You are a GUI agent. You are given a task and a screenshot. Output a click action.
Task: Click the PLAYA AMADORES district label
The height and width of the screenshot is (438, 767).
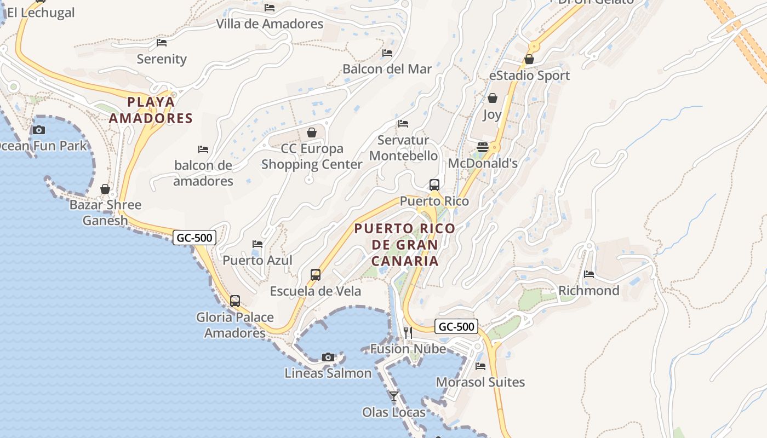tap(151, 110)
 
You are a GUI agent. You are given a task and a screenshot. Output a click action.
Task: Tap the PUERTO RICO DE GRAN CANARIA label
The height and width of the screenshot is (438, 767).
tap(404, 244)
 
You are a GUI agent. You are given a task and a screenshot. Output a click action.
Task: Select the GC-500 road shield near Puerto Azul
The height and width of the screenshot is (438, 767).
tap(194, 238)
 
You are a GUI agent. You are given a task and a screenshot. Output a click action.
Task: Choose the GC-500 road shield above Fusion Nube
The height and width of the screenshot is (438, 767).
tap(456, 327)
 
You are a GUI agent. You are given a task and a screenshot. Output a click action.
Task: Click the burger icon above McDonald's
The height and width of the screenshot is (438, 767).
tap(483, 147)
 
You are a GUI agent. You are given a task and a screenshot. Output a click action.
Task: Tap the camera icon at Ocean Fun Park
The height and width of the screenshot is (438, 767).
tap(38, 130)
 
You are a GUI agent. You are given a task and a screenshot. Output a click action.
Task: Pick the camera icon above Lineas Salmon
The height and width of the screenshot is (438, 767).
tap(328, 357)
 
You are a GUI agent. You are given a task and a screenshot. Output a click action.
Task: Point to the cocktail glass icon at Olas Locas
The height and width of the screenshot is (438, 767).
tap(394, 396)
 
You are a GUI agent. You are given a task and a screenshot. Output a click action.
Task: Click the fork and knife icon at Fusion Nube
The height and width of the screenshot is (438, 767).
tap(408, 332)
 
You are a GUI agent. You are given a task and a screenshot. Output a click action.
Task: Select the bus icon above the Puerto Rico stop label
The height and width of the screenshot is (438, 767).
tap(434, 185)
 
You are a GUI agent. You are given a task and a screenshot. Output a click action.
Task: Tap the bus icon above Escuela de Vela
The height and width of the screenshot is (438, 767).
tap(316, 275)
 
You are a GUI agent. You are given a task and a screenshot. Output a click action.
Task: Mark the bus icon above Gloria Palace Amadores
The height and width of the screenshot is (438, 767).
tap(235, 301)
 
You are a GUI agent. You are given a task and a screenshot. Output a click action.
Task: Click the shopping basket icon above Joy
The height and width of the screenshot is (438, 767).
tap(493, 99)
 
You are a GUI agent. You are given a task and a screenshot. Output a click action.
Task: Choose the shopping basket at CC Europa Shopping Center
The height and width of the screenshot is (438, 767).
tap(312, 132)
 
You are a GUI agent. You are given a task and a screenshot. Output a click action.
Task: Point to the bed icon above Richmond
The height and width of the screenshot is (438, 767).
tap(589, 274)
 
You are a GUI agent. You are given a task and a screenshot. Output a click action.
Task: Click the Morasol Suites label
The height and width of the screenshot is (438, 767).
tap(480, 382)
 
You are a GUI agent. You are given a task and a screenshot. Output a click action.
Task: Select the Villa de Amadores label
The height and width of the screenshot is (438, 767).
tap(270, 24)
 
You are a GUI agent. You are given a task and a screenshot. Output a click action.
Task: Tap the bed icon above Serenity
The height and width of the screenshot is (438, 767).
tap(162, 42)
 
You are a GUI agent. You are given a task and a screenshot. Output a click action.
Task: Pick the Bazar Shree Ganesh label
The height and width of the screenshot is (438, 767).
tap(105, 212)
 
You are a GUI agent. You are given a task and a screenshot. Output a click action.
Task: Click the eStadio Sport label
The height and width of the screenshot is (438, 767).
tap(529, 76)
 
